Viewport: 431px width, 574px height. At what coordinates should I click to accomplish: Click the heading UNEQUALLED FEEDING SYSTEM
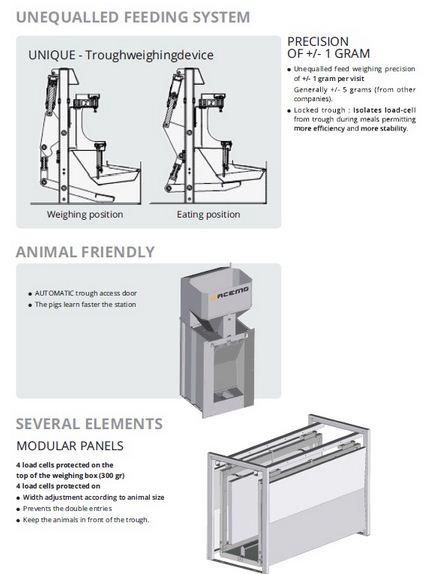pyautogui.click(x=133, y=17)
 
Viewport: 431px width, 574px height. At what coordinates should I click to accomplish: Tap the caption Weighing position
pyautogui.click(x=85, y=215)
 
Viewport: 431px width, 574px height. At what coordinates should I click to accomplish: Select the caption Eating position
pyautogui.click(x=208, y=215)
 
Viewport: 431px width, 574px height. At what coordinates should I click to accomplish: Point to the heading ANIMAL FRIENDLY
pyautogui.click(x=85, y=252)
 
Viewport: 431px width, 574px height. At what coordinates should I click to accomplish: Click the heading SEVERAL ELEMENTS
pyautogui.click(x=89, y=424)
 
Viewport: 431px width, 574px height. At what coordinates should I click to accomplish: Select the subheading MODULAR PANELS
pyautogui.click(x=70, y=446)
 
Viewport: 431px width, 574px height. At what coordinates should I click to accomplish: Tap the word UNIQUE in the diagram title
pyautogui.click(x=52, y=55)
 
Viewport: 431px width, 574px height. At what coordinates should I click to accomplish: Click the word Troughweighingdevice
pyautogui.click(x=149, y=55)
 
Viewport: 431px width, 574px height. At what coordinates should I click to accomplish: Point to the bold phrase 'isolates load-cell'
pyautogui.click(x=384, y=110)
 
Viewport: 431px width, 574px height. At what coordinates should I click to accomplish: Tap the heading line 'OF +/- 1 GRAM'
pyautogui.click(x=328, y=54)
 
